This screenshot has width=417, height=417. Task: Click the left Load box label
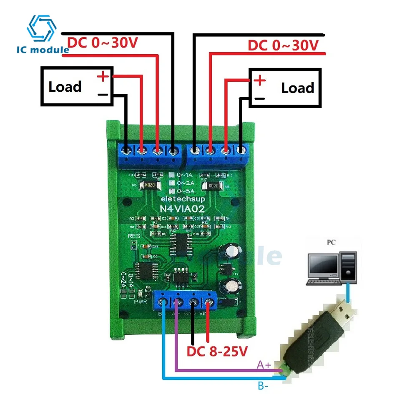tap(65, 87)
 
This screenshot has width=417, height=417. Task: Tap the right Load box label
tap(297, 88)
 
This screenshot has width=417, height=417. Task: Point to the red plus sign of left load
tap(103, 76)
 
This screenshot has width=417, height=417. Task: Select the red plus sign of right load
tap(259, 80)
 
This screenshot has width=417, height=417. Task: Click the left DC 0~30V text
tap(102, 43)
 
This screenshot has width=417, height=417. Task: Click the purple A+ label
tap(264, 365)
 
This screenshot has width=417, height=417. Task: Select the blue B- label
tap(263, 386)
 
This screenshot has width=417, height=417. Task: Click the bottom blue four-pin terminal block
tap(186, 301)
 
